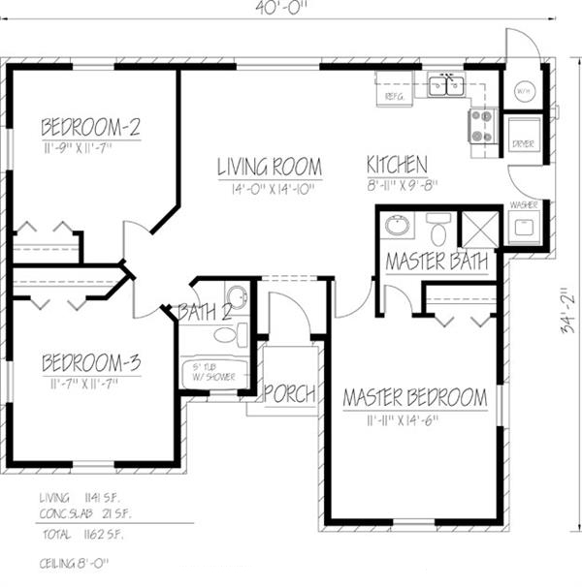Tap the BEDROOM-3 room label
pos(91,364)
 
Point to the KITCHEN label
pos(397,164)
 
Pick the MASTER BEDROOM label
pos(414,398)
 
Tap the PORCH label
pos(290,394)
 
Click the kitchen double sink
pos(447,85)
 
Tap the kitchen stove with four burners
pos(482,125)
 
